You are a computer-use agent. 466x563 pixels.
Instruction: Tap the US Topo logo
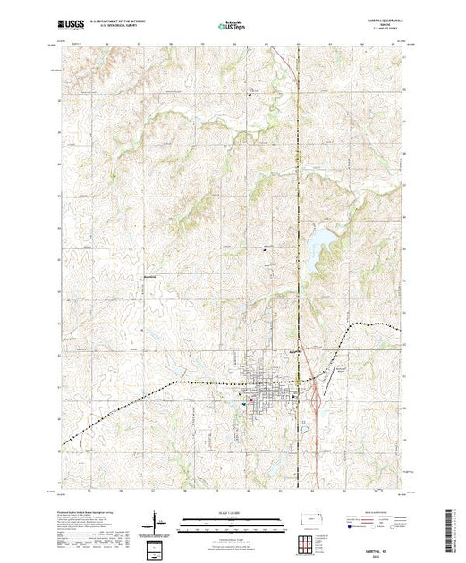coord(233,27)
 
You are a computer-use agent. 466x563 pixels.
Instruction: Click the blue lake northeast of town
coord(318,245)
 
